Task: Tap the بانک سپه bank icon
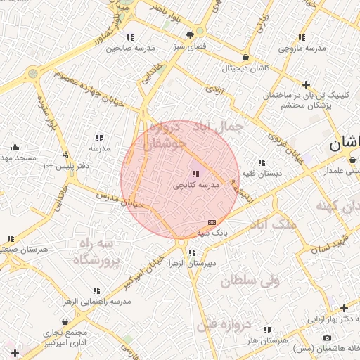click(212, 221)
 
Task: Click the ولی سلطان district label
click(250, 281)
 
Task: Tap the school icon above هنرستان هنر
click(266, 329)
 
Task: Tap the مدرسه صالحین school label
click(129, 49)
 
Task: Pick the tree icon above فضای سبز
click(191, 34)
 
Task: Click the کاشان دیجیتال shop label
click(245, 68)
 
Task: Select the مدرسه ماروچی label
click(302, 49)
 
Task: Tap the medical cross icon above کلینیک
click(306, 84)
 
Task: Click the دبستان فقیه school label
click(262, 172)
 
